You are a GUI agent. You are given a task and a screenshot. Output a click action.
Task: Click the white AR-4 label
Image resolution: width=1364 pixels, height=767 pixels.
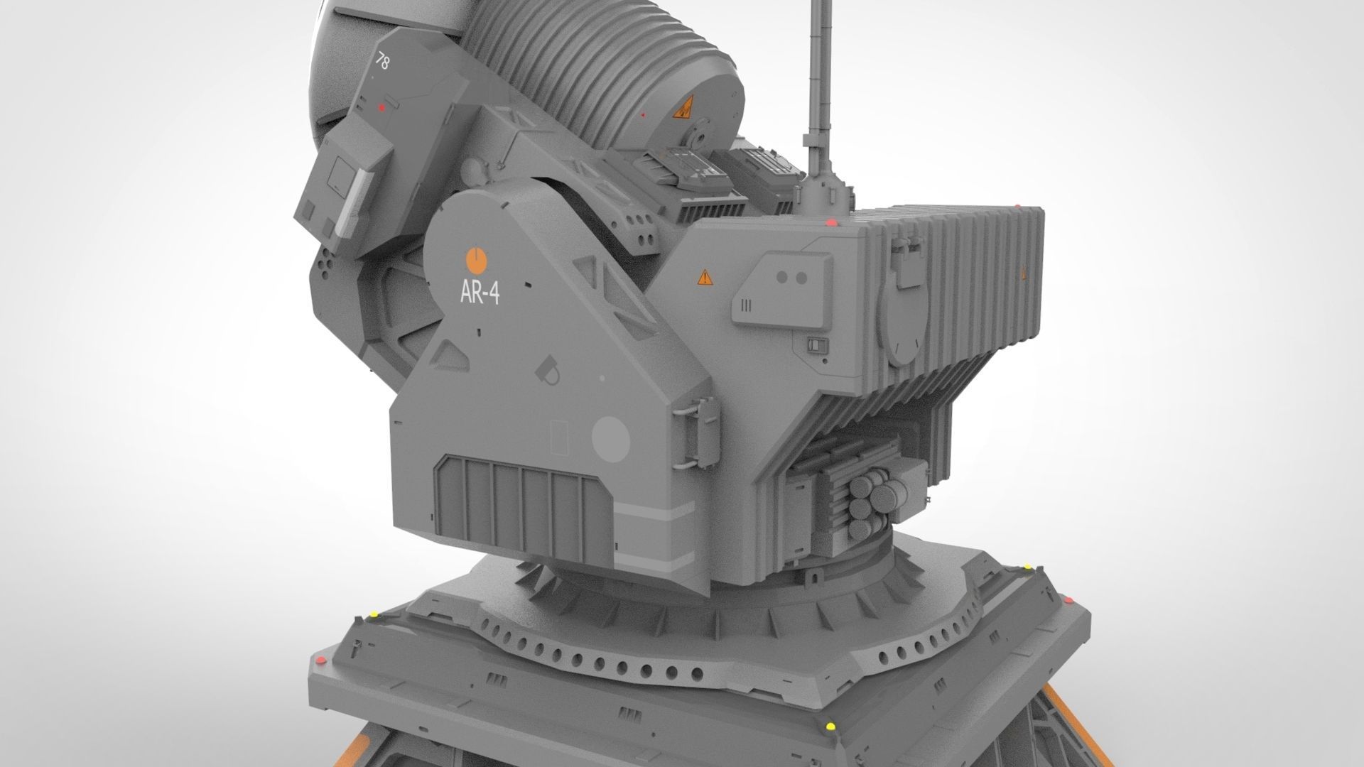[x=480, y=293]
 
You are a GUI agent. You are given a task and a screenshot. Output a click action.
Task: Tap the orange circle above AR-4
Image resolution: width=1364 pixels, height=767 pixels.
[x=475, y=261]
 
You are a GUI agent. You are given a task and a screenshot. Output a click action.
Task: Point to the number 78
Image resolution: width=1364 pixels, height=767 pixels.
[x=382, y=62]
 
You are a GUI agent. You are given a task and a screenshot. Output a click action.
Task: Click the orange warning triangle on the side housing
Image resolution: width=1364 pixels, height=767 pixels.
[x=703, y=276]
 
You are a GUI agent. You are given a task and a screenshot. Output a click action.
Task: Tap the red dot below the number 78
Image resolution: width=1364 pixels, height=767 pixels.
[x=381, y=108]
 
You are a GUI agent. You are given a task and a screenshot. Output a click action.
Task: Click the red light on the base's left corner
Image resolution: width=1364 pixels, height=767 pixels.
[x=320, y=661]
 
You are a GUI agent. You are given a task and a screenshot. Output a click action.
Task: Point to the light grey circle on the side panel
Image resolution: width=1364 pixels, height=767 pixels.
[x=610, y=436]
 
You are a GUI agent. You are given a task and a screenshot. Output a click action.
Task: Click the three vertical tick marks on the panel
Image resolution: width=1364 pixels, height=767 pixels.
[x=746, y=305]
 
